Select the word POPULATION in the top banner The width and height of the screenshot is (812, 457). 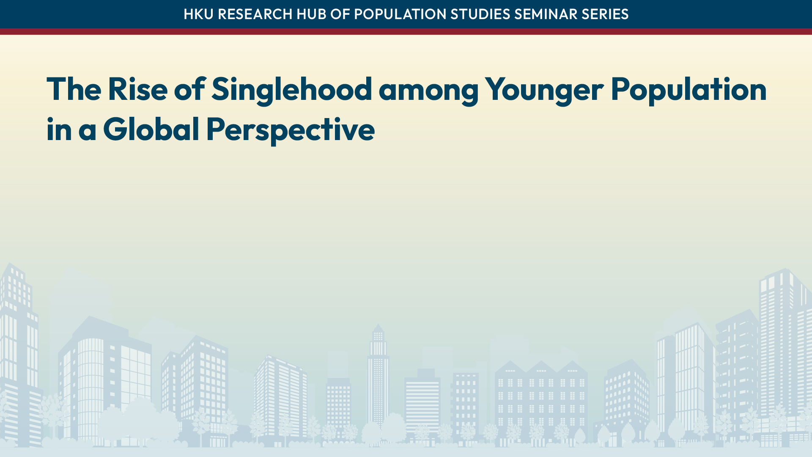400,14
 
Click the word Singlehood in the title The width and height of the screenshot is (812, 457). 291,90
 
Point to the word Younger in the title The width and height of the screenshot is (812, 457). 544,90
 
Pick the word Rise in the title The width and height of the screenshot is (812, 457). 137,90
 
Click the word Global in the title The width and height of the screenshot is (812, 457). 151,129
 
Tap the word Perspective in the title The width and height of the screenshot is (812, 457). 290,129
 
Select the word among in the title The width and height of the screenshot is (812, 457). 428,90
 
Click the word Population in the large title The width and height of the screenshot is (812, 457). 689,90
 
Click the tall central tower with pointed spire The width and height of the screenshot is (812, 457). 378,372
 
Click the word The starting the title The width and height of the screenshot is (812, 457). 74,90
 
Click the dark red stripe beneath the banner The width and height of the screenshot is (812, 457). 406,32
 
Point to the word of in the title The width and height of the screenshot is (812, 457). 189,90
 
